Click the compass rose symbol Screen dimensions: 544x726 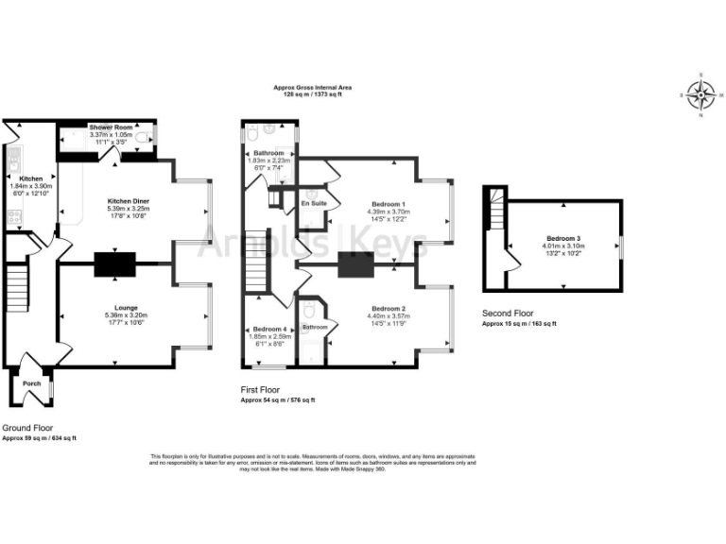pyautogui.click(x=700, y=94)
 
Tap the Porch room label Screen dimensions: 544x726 pyautogui.click(x=32, y=383)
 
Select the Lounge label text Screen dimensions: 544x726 pyautogui.click(x=128, y=307)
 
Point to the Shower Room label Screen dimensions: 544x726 pyautogui.click(x=111, y=127)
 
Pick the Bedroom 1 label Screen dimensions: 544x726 pyautogui.click(x=389, y=205)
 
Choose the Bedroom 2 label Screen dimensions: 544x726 pyautogui.click(x=389, y=309)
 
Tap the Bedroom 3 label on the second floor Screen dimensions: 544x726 pyautogui.click(x=563, y=238)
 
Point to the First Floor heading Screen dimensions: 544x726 pyautogui.click(x=264, y=389)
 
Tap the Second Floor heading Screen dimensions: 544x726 pyautogui.click(x=508, y=313)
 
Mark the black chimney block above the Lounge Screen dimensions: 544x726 pyautogui.click(x=115, y=265)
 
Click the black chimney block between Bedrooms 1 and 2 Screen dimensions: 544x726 pyautogui.click(x=357, y=265)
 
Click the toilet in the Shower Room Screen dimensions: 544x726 pyautogui.click(x=143, y=138)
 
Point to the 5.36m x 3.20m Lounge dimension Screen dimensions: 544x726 pyautogui.click(x=128, y=315)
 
